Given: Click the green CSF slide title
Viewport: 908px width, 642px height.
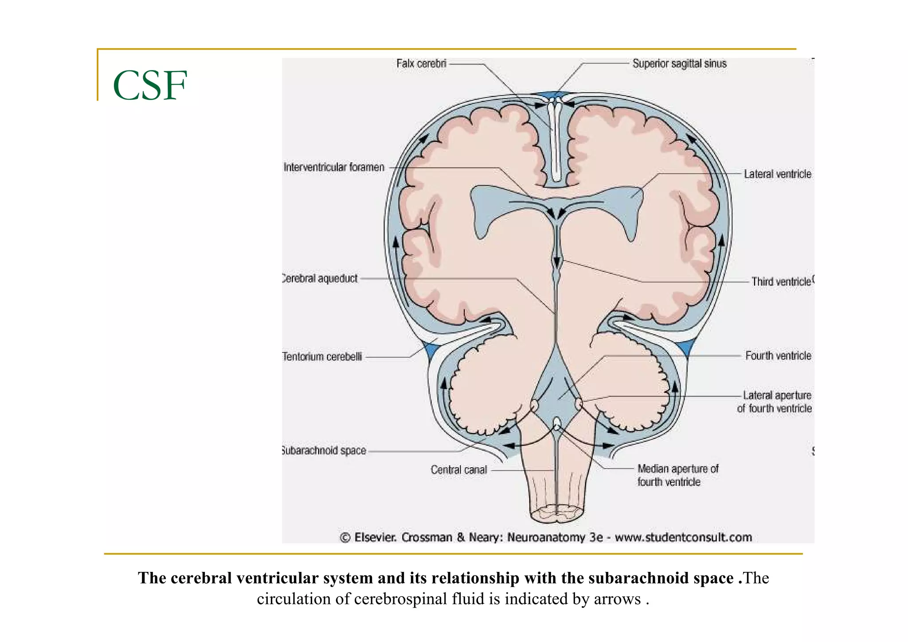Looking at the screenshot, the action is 150,86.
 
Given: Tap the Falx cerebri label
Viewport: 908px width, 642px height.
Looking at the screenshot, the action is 421,64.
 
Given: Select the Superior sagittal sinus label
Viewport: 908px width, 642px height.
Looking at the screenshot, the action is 679,64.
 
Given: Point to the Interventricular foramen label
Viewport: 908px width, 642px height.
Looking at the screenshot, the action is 334,168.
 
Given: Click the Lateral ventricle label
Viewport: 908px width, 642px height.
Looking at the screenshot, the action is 777,174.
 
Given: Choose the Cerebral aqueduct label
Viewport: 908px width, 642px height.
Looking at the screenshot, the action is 320,278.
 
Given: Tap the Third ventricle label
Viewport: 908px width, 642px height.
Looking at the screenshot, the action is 781,282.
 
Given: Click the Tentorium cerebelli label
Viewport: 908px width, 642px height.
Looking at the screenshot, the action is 322,356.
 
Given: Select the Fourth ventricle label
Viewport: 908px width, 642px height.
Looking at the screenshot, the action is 778,356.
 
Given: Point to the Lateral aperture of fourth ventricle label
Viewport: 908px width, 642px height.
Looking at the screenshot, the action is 775,402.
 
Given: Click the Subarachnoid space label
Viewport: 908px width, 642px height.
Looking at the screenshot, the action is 324,450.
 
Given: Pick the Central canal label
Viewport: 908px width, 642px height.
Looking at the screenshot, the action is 459,470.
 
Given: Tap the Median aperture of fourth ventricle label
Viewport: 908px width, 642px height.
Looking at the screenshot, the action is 677,475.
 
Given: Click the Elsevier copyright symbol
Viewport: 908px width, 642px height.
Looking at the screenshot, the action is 345,538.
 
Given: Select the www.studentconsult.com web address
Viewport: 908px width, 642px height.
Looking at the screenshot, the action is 683,538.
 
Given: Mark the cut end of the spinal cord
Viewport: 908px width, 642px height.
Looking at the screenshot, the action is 556,515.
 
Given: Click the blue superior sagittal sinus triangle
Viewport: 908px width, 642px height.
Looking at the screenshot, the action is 553,95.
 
